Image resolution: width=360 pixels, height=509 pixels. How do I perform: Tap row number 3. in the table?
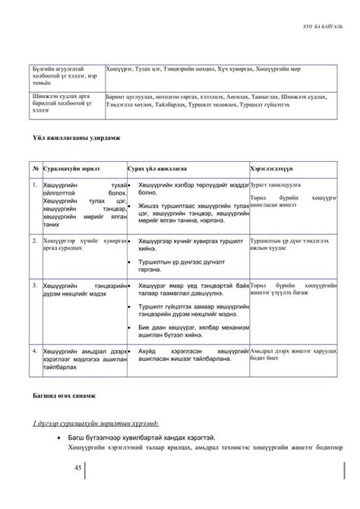pyautogui.click(x=35, y=285)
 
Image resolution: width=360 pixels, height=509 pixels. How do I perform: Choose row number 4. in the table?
pyautogui.click(x=35, y=351)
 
